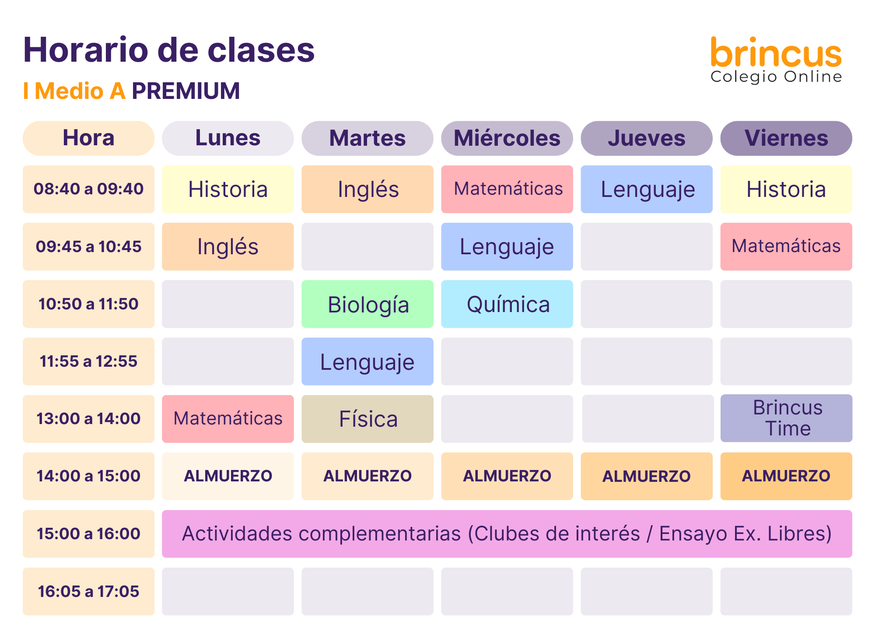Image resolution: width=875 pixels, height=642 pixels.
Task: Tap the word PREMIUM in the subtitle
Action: click(186, 91)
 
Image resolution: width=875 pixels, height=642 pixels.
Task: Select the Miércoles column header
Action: click(507, 138)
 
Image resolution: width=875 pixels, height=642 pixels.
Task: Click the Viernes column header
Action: click(786, 138)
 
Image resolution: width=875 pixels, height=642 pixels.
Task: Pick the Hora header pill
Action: click(88, 138)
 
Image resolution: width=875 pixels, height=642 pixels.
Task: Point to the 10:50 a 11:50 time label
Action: click(88, 304)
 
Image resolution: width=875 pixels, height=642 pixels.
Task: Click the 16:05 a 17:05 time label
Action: click(88, 591)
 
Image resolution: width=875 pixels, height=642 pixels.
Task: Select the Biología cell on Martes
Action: click(367, 304)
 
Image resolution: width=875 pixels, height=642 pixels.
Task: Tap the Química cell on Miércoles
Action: click(507, 304)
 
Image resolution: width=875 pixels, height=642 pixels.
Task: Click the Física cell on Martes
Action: click(367, 419)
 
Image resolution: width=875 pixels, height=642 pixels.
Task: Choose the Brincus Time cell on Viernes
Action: click(786, 418)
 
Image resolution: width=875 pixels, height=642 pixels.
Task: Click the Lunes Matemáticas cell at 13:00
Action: click(228, 419)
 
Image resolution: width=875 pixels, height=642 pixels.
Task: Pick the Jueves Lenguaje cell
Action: click(647, 189)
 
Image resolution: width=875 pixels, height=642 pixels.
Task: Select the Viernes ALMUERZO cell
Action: click(786, 476)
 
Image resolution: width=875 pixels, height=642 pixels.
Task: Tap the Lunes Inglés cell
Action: click(228, 246)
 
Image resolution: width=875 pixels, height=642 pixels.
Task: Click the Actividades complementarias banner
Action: click(507, 534)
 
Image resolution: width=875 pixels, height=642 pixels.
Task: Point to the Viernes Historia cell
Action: click(786, 189)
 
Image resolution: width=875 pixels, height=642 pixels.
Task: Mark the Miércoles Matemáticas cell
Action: click(507, 189)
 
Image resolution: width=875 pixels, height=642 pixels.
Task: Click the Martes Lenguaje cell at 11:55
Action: click(367, 361)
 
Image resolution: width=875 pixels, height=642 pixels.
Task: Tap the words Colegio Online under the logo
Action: click(776, 77)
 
